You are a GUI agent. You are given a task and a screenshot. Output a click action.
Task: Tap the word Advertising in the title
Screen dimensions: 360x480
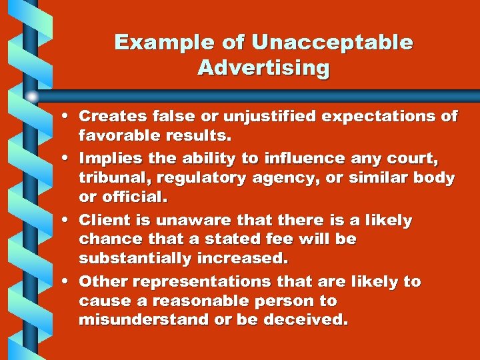point(263,68)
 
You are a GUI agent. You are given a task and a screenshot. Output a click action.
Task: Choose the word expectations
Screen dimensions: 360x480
point(386,116)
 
